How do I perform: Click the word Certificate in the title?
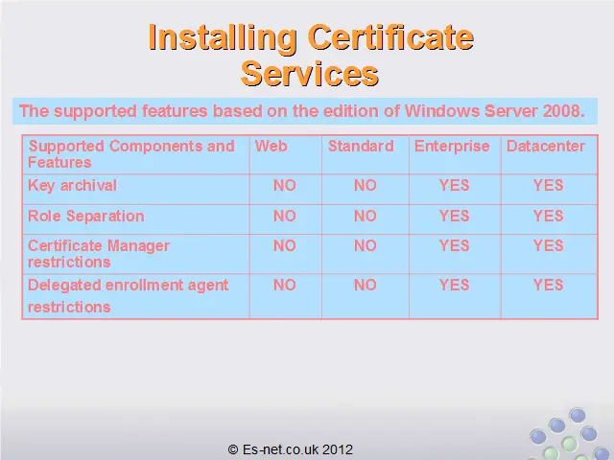point(390,37)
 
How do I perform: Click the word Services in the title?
point(309,74)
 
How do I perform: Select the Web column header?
point(271,146)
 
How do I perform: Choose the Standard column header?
point(361,146)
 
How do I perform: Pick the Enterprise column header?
point(452,147)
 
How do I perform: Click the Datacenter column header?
point(546,146)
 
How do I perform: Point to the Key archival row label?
point(73,185)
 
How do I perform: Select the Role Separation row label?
point(86,216)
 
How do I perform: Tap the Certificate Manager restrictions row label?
point(99,254)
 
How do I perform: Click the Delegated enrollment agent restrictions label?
point(128,296)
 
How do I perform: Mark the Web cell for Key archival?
point(285,185)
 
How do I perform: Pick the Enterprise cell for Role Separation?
point(454,216)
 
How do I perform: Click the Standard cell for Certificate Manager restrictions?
point(366,245)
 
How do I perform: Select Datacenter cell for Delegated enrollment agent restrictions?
point(548,285)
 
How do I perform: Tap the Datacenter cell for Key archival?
point(548,185)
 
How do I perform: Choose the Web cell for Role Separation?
point(285,216)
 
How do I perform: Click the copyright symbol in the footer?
point(233,449)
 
